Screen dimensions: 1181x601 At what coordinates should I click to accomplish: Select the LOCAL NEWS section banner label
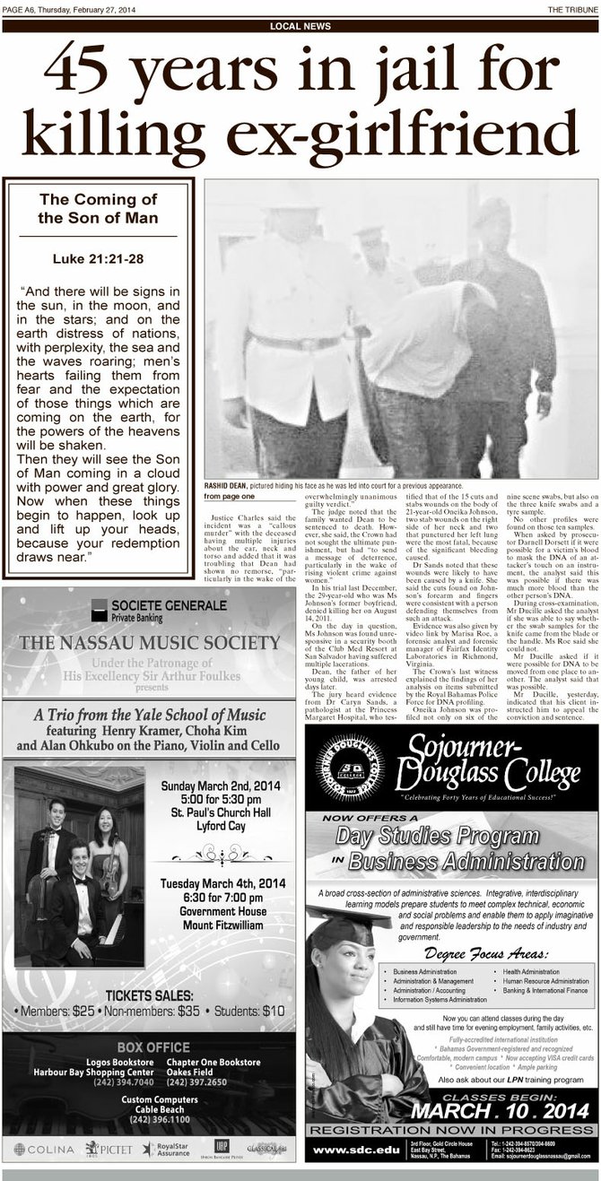pos(300,26)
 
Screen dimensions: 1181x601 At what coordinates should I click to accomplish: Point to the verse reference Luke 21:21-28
pos(99,259)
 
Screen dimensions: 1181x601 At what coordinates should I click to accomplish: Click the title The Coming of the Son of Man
pos(99,208)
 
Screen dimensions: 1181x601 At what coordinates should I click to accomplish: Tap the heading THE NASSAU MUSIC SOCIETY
pos(150,642)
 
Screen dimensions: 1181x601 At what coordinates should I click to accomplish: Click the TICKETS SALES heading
pos(149,995)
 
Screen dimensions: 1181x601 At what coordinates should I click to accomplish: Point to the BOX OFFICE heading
pos(149,1046)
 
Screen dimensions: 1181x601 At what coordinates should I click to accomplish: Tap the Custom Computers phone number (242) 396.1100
pos(149,1119)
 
